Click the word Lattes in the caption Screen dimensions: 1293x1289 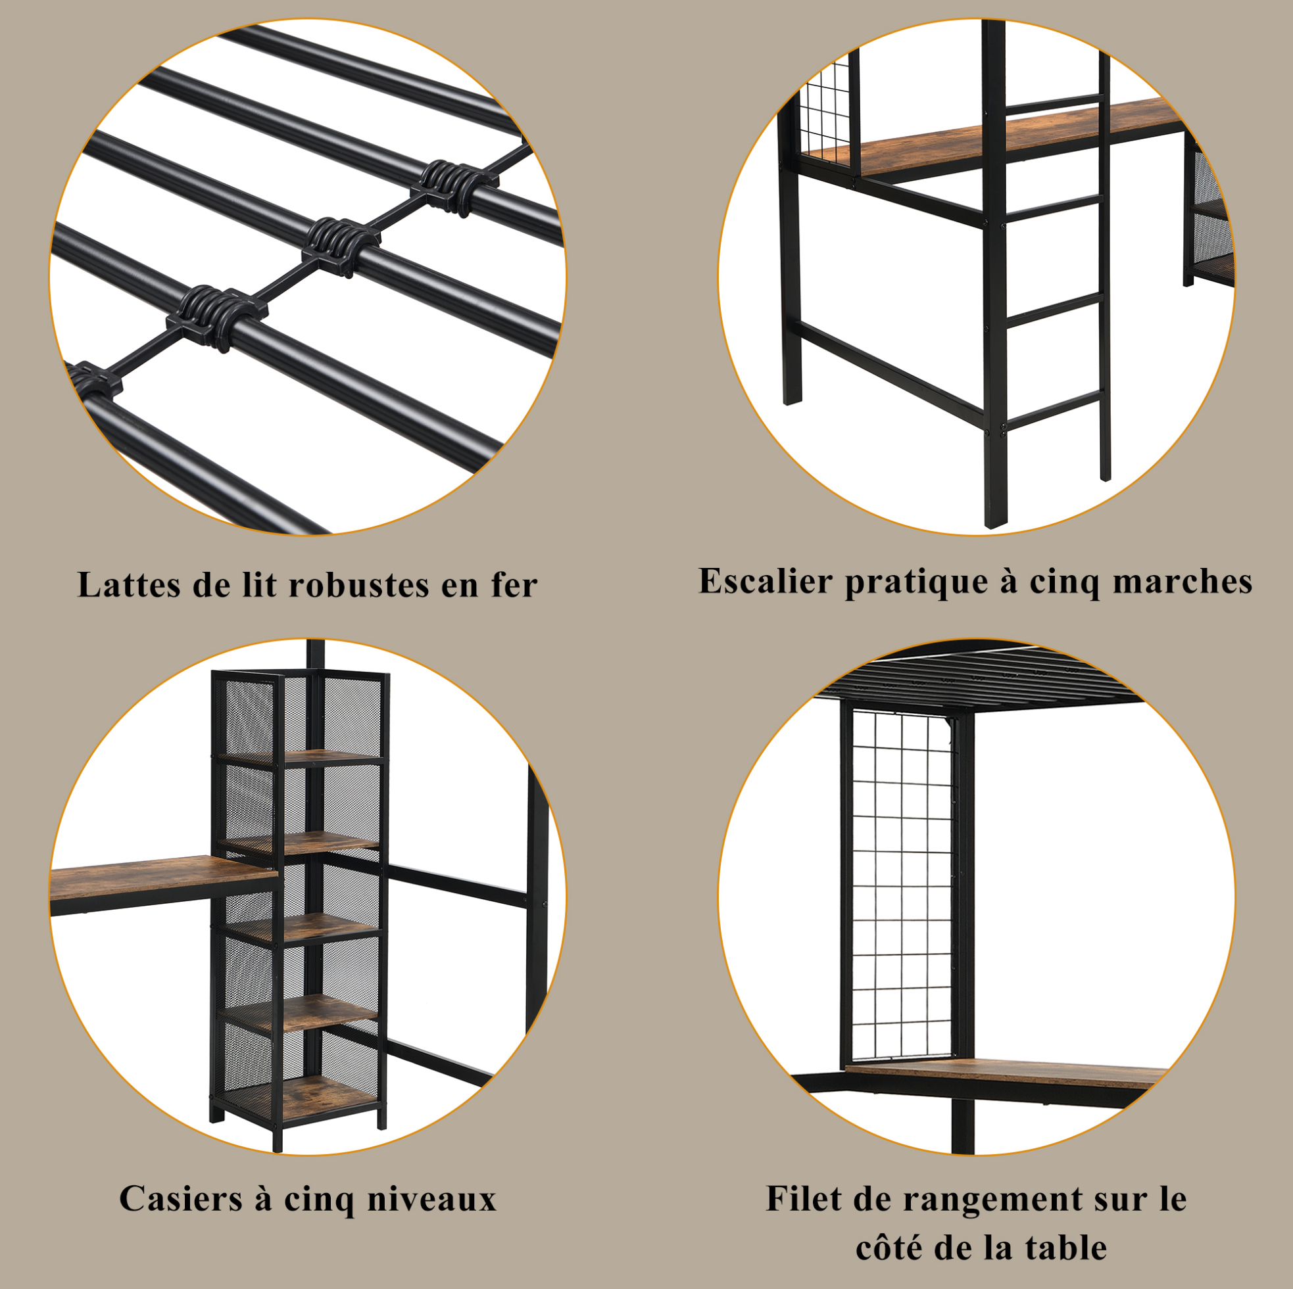[x=129, y=585]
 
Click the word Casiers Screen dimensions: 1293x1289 [x=182, y=1198]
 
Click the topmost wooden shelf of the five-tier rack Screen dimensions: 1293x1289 [x=299, y=756]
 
